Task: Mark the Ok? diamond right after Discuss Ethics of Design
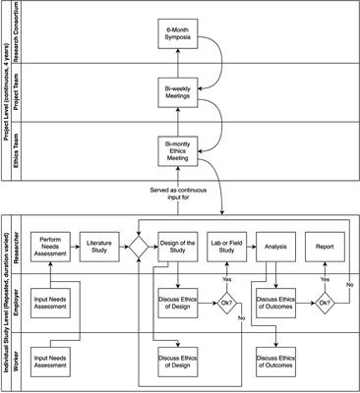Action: coord(227,302)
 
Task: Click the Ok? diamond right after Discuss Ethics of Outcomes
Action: coord(324,302)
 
